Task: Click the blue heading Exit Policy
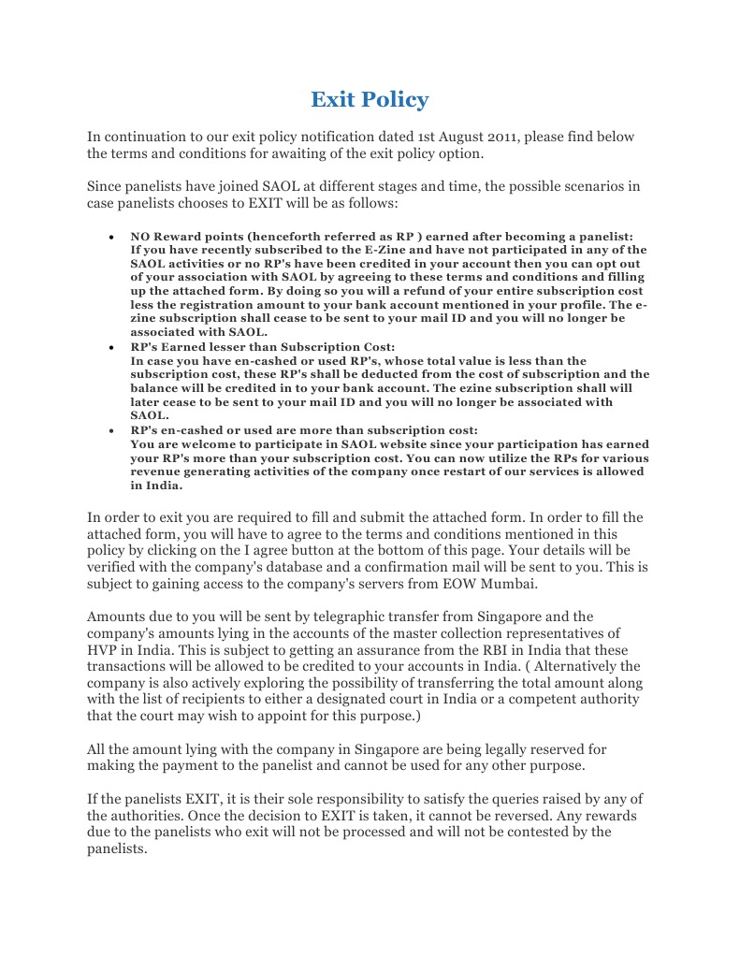point(370,99)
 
